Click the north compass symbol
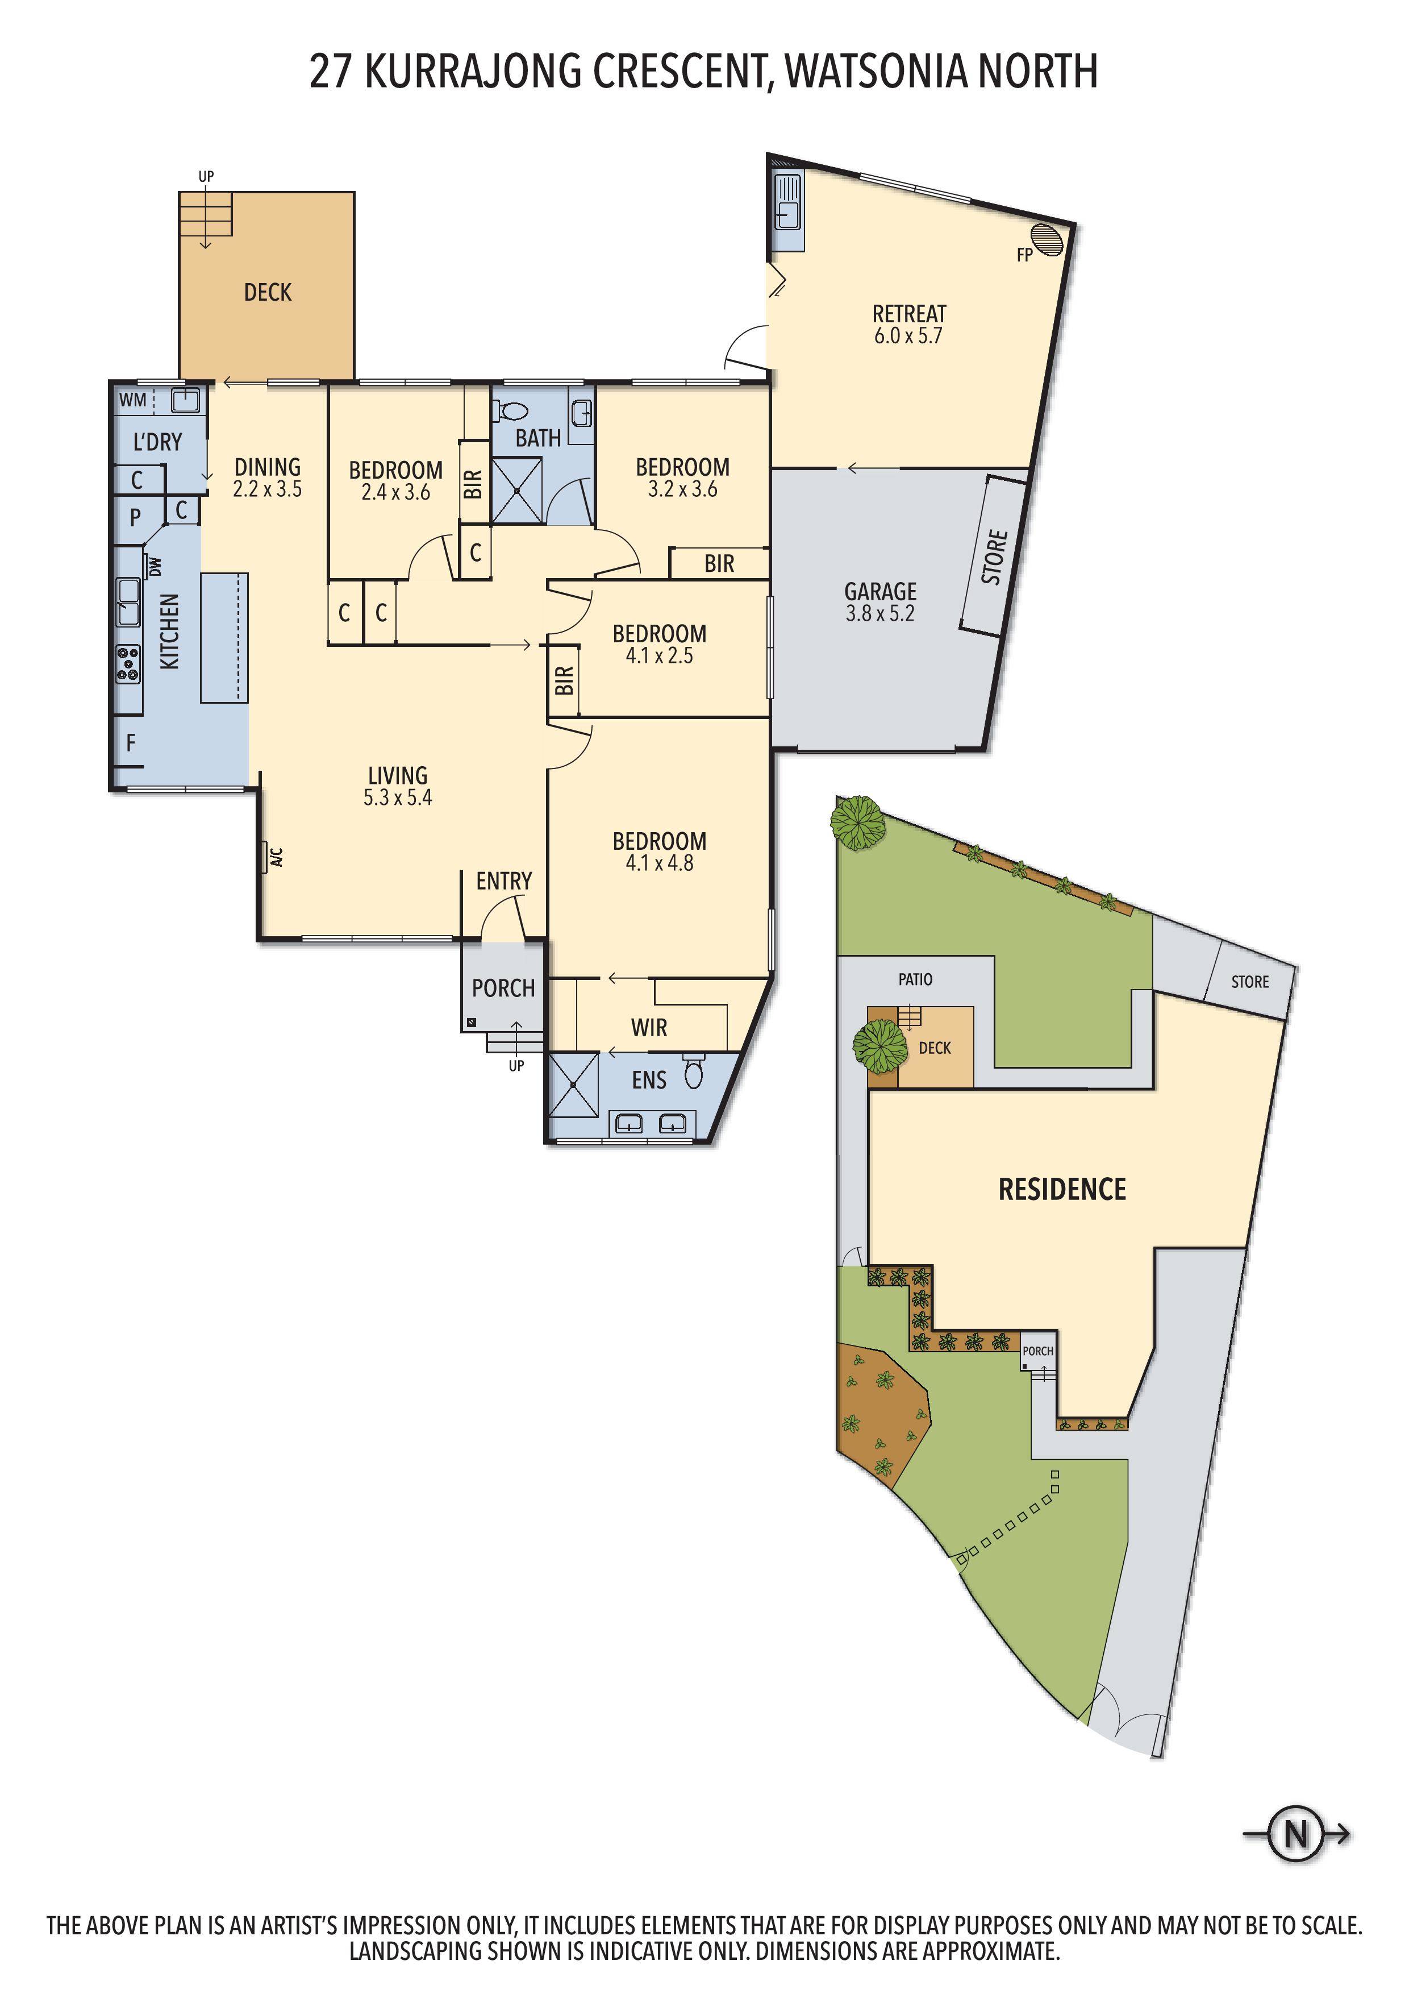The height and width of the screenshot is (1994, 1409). (1295, 1834)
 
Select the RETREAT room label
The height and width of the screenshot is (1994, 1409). (909, 314)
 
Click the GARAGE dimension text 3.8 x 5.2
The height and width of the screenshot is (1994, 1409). (880, 613)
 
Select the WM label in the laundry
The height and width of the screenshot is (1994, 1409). (133, 400)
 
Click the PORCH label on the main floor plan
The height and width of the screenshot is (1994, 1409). (503, 988)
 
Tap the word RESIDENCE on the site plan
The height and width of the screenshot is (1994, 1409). (1062, 1189)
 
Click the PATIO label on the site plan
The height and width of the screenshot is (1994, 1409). (915, 979)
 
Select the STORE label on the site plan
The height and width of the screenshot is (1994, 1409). (1249, 981)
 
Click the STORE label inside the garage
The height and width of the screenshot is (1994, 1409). (995, 556)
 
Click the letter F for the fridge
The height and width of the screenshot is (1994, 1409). (131, 742)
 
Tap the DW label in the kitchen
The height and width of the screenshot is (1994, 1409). (156, 566)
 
